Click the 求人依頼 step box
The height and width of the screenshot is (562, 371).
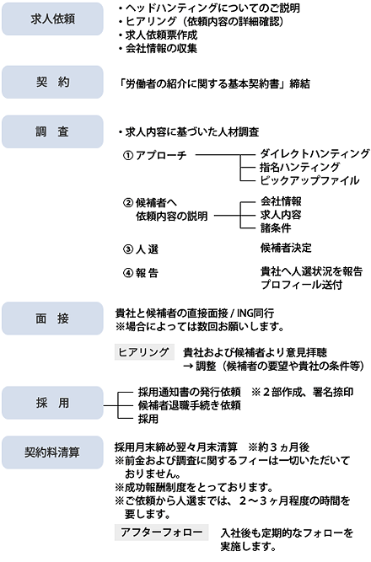[x=52, y=19]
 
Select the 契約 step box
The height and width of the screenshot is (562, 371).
[x=52, y=82]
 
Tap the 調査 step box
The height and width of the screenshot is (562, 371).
[x=52, y=131]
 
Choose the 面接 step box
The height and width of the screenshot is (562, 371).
[x=52, y=318]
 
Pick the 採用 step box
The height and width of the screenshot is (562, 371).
[x=52, y=403]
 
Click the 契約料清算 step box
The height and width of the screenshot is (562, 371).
[x=52, y=452]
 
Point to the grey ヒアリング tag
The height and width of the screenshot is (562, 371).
[x=144, y=352]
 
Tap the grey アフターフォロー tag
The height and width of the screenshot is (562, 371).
[x=161, y=533]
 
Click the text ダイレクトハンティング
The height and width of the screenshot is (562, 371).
[x=315, y=153]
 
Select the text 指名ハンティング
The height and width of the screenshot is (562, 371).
[x=299, y=167]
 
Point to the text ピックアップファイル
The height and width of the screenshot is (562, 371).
[x=309, y=180]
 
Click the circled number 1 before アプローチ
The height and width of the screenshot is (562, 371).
[x=127, y=156]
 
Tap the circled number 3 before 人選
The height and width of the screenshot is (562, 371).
[x=127, y=249]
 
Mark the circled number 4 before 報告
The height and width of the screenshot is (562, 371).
[x=127, y=273]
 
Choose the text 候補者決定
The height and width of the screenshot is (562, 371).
[x=286, y=248]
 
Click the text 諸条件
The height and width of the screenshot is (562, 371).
[x=276, y=228]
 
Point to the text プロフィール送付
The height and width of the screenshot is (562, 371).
[x=301, y=285]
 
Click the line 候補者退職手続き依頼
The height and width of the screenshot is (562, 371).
[x=189, y=405]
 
